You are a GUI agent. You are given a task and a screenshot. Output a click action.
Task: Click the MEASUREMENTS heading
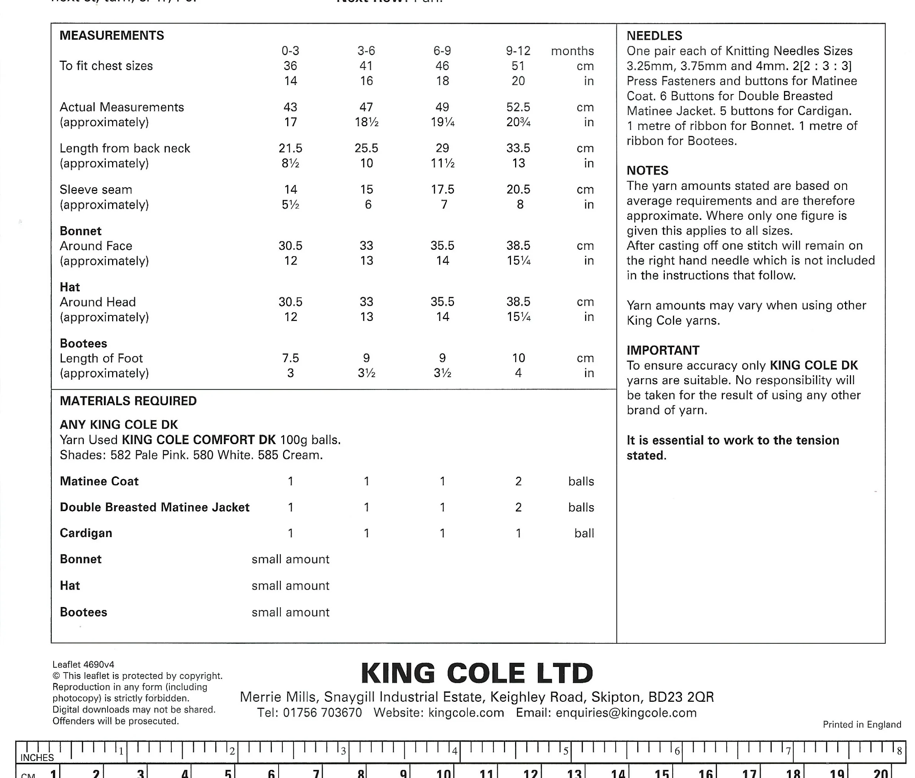[x=112, y=35]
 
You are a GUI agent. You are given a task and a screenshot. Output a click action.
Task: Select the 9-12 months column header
[x=518, y=51]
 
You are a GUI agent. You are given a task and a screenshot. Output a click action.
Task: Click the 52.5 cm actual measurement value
[x=518, y=107]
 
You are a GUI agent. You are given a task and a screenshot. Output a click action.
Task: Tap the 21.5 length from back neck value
[x=290, y=148]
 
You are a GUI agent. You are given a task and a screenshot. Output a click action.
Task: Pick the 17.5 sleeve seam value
[x=442, y=190]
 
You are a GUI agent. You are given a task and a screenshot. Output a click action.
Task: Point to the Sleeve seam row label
[x=96, y=190]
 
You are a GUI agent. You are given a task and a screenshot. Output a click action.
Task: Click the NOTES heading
[x=647, y=171]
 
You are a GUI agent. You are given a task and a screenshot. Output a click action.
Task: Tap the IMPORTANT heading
[x=663, y=350]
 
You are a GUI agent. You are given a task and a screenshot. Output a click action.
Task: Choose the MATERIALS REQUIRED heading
[x=128, y=401]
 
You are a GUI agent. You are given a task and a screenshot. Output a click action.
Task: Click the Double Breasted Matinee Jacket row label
[x=154, y=507]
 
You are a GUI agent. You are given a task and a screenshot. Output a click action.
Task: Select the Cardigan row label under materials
[x=86, y=533]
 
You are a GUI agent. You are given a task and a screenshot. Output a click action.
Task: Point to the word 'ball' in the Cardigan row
[x=584, y=533]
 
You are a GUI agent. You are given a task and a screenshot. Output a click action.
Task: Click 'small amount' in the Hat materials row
[x=290, y=586]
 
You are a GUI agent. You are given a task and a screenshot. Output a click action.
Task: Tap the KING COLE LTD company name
[x=477, y=674]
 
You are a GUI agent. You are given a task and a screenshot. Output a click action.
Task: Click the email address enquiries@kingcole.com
[x=626, y=713]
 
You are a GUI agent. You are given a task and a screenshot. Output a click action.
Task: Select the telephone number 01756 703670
[x=322, y=713]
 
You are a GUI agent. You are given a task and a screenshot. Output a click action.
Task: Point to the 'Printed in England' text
[x=862, y=725]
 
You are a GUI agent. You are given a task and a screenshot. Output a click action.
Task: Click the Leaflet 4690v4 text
[x=83, y=665]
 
